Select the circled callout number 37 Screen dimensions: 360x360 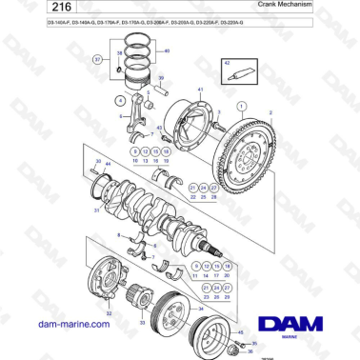click(x=97, y=59)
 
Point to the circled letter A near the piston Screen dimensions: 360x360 click(x=119, y=98)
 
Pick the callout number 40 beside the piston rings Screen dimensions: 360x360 click(x=168, y=50)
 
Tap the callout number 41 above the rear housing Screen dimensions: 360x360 click(x=200, y=88)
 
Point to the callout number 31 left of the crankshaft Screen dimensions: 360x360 click(x=96, y=212)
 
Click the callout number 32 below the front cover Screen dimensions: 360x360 click(x=108, y=312)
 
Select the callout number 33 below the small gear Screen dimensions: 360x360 click(x=143, y=323)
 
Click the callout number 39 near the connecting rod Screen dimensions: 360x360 click(x=160, y=78)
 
